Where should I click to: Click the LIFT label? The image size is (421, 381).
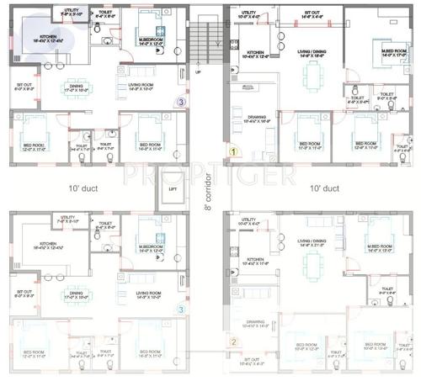pyautogui.click(x=173, y=189)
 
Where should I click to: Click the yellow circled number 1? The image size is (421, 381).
pyautogui.click(x=236, y=152)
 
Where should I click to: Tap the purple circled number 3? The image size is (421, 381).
pyautogui.click(x=180, y=102)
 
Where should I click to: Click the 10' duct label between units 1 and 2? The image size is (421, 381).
pyautogui.click(x=324, y=188)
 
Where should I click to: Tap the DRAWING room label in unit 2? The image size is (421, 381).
pyautogui.click(x=255, y=323)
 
